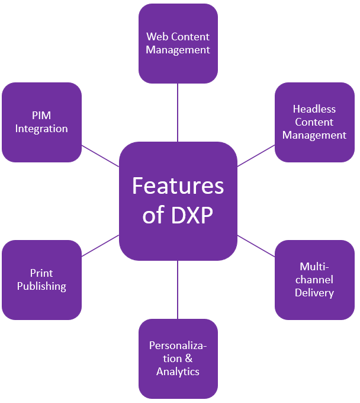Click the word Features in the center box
[x=178, y=185]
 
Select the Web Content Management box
[x=178, y=43]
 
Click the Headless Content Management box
[x=314, y=122]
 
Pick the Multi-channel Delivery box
[x=314, y=280]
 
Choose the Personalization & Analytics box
[x=178, y=359]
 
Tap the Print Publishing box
[x=41, y=280]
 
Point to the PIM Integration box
[x=41, y=122]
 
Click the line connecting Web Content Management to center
[x=178, y=113]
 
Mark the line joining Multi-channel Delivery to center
[x=256, y=246]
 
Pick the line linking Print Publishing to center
[x=100, y=246]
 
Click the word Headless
[x=314, y=109]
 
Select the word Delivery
[x=314, y=293]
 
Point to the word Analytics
[x=178, y=372]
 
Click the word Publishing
[x=41, y=286]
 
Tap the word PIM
[x=41, y=116]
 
